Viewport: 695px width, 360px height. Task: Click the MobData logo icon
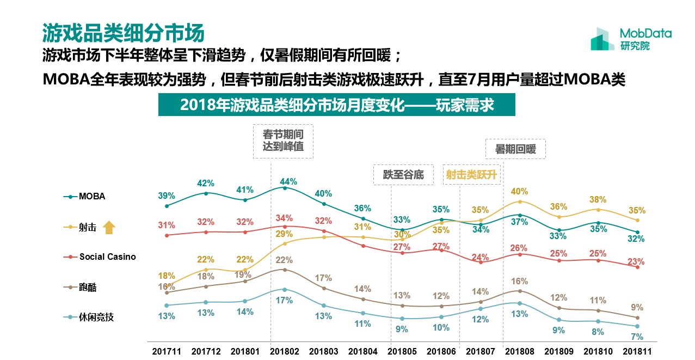click(x=602, y=39)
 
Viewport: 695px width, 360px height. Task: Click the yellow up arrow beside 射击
click(x=109, y=227)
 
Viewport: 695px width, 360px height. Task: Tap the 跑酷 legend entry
click(x=88, y=287)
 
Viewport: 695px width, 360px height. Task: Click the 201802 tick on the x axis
click(x=284, y=351)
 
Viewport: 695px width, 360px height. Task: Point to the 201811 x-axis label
click(x=637, y=351)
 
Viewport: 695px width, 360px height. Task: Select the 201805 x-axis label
click(x=402, y=351)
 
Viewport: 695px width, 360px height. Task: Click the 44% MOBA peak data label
click(x=288, y=181)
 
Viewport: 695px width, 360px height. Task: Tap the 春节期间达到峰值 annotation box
click(x=283, y=142)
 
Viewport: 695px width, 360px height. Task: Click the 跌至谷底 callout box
click(x=403, y=175)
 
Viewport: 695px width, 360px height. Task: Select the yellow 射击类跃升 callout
click(x=471, y=175)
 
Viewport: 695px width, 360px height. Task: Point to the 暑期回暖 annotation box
click(x=515, y=149)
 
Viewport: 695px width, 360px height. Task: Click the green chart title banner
click(x=336, y=105)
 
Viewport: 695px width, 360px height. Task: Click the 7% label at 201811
click(x=637, y=337)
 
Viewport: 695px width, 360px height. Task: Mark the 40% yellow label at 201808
click(x=519, y=192)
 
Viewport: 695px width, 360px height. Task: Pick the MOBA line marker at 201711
click(x=167, y=206)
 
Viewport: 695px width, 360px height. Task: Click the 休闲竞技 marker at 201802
click(x=284, y=289)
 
